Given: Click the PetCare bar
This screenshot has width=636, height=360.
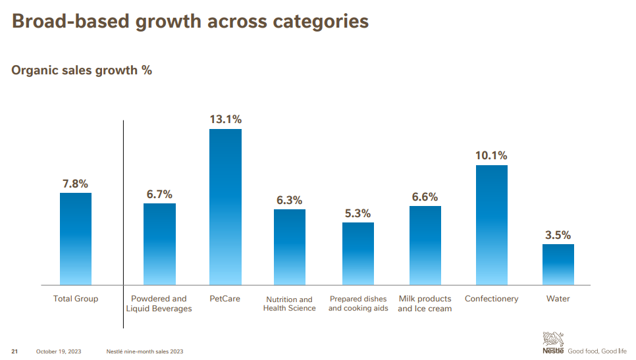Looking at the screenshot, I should [225, 207].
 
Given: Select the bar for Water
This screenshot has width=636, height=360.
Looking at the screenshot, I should [558, 265].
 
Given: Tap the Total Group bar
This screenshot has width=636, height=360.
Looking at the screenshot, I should [76, 238].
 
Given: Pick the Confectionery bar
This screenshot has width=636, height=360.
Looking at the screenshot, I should [491, 224].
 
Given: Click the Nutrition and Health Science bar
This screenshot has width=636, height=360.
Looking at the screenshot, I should [289, 247].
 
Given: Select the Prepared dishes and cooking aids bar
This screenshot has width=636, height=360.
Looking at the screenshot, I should [358, 253].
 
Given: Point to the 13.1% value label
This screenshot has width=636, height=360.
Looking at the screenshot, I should [225, 120].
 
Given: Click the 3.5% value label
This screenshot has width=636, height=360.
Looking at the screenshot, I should [558, 235].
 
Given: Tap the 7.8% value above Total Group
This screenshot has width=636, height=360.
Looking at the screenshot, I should [76, 184].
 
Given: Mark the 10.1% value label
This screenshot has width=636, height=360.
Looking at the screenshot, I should [491, 156].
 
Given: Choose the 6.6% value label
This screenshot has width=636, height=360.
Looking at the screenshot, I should [425, 197].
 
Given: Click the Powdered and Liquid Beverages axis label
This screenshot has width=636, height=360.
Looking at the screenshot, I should [159, 303].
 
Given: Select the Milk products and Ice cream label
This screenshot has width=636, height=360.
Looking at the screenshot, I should [425, 303].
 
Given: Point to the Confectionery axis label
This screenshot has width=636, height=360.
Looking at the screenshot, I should [491, 299].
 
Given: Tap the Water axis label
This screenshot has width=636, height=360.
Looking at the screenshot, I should [558, 299].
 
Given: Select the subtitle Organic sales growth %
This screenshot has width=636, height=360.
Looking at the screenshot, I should [82, 70].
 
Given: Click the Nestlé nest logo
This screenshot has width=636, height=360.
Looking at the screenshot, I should [552, 340].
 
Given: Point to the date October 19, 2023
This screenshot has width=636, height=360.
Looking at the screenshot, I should [59, 351].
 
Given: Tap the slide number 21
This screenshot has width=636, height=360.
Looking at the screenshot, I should [14, 351].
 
